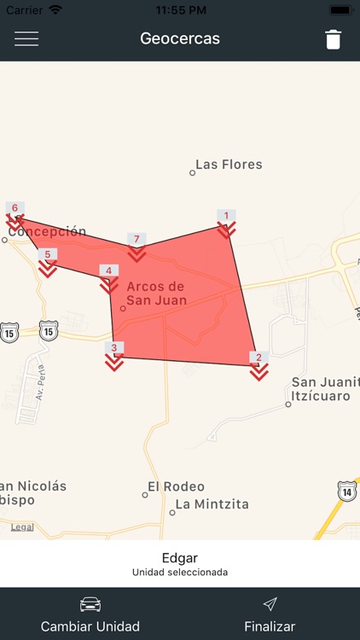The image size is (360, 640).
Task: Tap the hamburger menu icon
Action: (26, 39)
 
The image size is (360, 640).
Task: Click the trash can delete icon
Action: (333, 39)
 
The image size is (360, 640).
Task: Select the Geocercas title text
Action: (180, 39)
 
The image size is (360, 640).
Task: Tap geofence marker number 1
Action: (226, 224)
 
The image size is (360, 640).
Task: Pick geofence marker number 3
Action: (113, 356)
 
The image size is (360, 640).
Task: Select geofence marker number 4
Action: (108, 279)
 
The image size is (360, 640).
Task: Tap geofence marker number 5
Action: (48, 263)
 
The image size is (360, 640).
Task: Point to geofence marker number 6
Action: (15, 216)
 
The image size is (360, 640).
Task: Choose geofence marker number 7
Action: (136, 247)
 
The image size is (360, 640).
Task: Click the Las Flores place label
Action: (229, 165)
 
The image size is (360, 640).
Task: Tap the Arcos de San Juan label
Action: (155, 293)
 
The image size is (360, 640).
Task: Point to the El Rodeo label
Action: (176, 486)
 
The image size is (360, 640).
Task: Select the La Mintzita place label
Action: (212, 504)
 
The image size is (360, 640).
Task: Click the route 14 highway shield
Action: (346, 491)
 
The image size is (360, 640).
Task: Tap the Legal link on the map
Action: (22, 527)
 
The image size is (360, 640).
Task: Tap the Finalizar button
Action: (270, 614)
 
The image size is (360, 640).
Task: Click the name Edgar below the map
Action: (180, 558)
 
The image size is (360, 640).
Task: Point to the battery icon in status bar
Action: (340, 9)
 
